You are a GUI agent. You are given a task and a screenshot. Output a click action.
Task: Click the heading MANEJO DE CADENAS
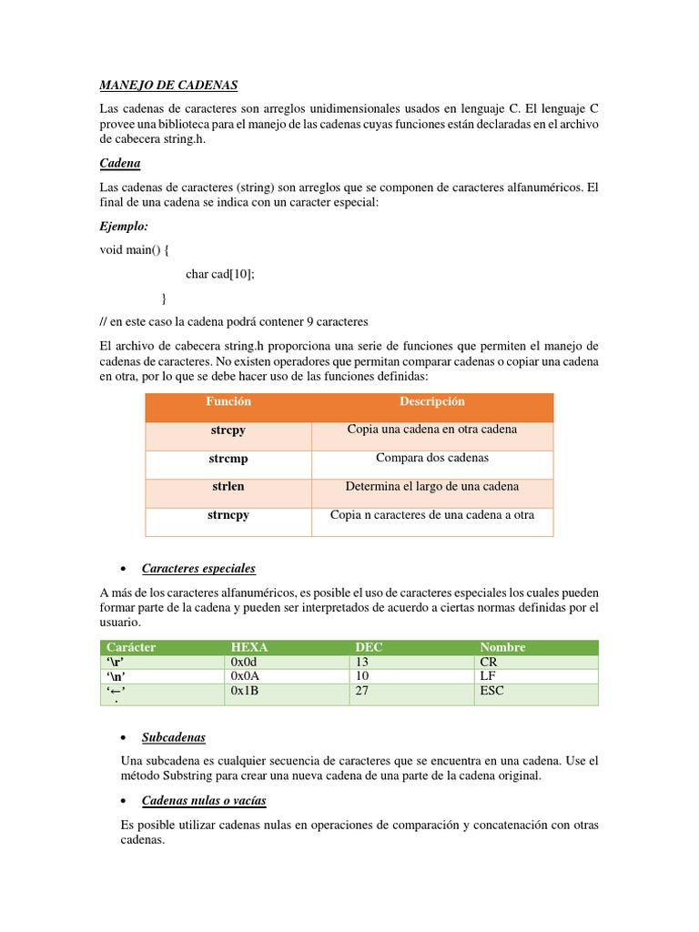pyautogui.click(x=168, y=86)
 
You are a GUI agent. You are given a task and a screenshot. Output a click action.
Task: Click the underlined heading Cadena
pyautogui.click(x=119, y=164)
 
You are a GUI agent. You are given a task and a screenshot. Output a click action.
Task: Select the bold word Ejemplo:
pyautogui.click(x=124, y=226)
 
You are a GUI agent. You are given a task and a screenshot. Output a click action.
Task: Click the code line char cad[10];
pyautogui.click(x=220, y=274)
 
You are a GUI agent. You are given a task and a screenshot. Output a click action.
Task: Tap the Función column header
pyautogui.click(x=228, y=401)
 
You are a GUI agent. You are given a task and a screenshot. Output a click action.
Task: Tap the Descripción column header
pyautogui.click(x=431, y=401)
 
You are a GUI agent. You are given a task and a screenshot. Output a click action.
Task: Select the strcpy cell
pyautogui.click(x=228, y=430)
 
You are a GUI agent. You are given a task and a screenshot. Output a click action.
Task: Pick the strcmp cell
pyautogui.click(x=228, y=458)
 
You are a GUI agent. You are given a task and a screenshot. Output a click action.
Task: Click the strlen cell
pyautogui.click(x=228, y=487)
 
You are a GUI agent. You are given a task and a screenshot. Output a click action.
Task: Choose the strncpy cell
pyautogui.click(x=228, y=515)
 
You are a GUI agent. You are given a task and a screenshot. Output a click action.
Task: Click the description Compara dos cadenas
pyautogui.click(x=431, y=458)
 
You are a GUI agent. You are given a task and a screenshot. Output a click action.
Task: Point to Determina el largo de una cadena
pyautogui.click(x=431, y=487)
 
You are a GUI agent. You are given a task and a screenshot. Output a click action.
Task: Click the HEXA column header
pyautogui.click(x=249, y=647)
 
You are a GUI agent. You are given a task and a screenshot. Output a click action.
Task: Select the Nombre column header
pyautogui.click(x=501, y=647)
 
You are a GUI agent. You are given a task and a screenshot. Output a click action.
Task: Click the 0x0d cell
pyautogui.click(x=246, y=662)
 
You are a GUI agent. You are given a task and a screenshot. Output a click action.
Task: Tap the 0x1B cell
pyautogui.click(x=246, y=691)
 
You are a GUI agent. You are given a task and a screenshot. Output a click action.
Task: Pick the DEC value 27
pyautogui.click(x=363, y=691)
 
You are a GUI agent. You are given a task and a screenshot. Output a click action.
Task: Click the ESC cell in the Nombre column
pyautogui.click(x=491, y=691)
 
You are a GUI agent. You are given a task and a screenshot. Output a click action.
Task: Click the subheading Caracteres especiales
pyautogui.click(x=198, y=569)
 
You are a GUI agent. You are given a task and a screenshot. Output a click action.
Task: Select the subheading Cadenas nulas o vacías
pyautogui.click(x=204, y=801)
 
